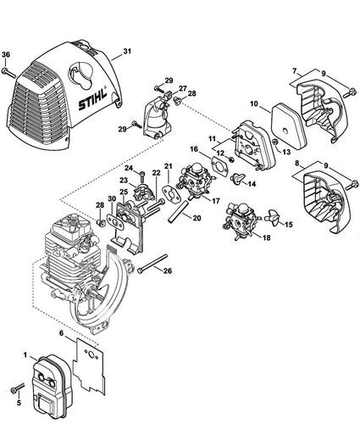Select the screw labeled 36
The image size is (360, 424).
8,73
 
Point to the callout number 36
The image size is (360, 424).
8,56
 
